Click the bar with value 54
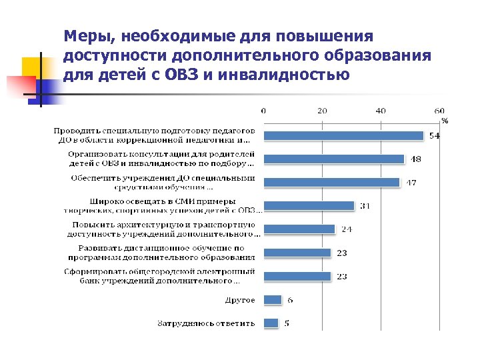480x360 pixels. (x=344, y=135)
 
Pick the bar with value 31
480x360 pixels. (x=309, y=206)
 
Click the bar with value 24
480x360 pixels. (x=299, y=229)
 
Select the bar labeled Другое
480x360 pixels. (x=273, y=300)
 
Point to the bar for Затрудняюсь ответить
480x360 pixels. (x=271, y=323)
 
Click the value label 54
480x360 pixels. (x=433, y=136)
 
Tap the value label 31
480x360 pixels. (x=365, y=206)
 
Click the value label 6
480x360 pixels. (x=290, y=300)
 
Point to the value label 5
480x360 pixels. (x=287, y=323)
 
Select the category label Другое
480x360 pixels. (x=241, y=300)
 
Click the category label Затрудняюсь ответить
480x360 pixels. (x=207, y=323)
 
